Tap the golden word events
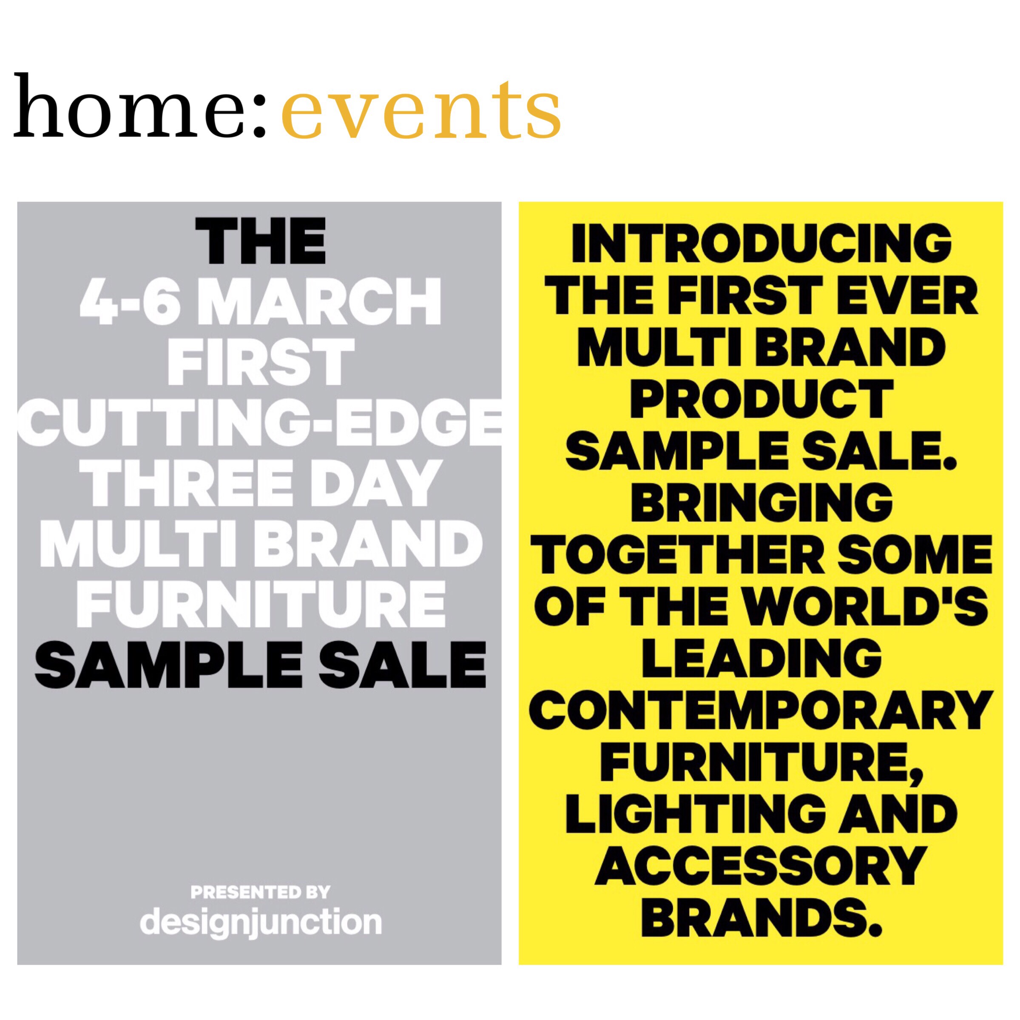pos(421,111)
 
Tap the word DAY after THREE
pos(374,483)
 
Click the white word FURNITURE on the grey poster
pos(261,605)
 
